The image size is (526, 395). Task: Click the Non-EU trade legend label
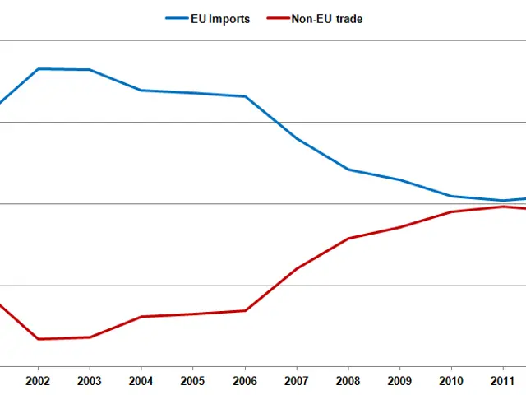(326, 19)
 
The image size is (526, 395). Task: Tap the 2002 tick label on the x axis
(38, 382)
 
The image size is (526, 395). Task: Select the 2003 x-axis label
(90, 382)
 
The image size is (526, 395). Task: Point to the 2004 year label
(141, 382)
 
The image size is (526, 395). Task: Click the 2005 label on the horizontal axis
(193, 382)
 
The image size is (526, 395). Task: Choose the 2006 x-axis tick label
(245, 382)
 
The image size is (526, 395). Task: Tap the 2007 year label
(297, 382)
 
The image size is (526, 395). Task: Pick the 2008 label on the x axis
(348, 382)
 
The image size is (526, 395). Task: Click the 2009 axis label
(399, 382)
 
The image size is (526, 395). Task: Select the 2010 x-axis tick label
(451, 382)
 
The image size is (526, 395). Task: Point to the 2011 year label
(503, 382)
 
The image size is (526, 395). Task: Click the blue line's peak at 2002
(38, 69)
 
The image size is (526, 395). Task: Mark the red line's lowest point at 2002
(38, 339)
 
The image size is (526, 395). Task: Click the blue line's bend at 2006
(245, 97)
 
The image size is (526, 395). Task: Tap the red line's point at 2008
(348, 239)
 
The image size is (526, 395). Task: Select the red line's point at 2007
(297, 268)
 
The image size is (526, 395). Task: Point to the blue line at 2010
(451, 197)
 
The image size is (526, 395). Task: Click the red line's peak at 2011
(503, 207)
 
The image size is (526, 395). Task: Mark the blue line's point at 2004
(141, 91)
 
